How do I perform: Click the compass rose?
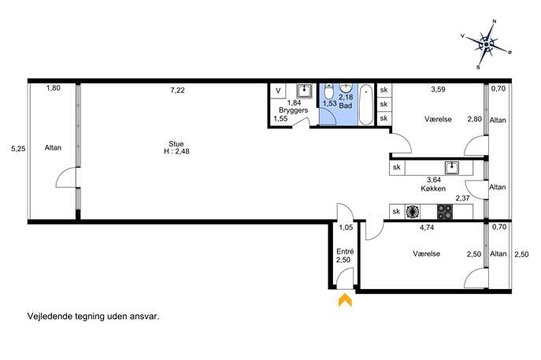(x=486, y=45)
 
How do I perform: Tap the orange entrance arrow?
(x=345, y=300)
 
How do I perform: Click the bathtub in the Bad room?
(x=366, y=105)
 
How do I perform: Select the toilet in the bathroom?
(x=329, y=91)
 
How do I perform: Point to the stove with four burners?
(x=445, y=212)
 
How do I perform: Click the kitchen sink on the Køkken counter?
(x=452, y=168)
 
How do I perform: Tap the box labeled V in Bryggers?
(x=278, y=91)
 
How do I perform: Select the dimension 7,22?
(x=177, y=91)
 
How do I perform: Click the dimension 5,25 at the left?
(x=18, y=149)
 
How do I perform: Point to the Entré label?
(x=345, y=251)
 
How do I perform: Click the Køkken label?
(x=433, y=189)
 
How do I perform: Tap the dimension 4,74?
(x=427, y=228)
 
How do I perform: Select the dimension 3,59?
(x=438, y=89)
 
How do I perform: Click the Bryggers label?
(x=293, y=110)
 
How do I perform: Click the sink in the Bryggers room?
(x=304, y=91)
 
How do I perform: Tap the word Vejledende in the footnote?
(x=50, y=316)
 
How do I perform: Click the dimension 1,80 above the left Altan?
(x=54, y=88)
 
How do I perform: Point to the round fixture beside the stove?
(x=413, y=212)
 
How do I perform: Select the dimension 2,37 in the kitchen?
(x=463, y=199)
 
